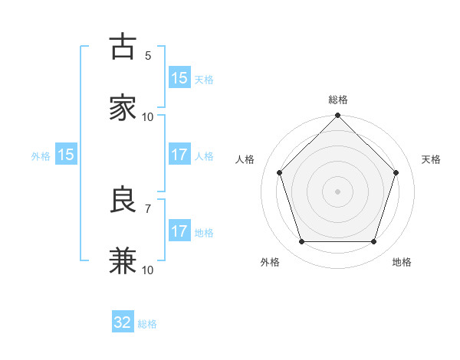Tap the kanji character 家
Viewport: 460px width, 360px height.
tap(123, 108)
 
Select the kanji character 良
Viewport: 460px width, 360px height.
tap(123, 200)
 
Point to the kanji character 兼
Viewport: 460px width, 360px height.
tap(123, 261)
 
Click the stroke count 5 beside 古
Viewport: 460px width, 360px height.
tap(148, 55)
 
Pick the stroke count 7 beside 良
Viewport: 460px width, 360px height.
tap(148, 208)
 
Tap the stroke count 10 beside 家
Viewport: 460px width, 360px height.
tap(148, 116)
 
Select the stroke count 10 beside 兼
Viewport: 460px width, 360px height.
tap(148, 270)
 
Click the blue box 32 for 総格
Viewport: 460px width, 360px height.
tap(123, 322)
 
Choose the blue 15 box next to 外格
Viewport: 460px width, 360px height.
tap(66, 155)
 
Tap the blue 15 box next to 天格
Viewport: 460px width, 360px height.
tap(179, 78)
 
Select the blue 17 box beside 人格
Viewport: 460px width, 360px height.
tap(179, 155)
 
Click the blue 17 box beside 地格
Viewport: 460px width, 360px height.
tap(179, 231)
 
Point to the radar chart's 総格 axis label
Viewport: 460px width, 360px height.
tap(338, 100)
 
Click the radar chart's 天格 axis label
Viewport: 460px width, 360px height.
tap(431, 159)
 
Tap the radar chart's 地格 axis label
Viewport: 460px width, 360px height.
tap(402, 262)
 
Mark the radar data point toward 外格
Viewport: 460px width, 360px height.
tap(301, 242)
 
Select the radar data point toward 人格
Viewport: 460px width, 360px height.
tap(279, 172)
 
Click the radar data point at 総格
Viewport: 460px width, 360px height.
tap(338, 116)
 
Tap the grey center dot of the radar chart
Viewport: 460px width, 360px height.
tap(338, 191)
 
